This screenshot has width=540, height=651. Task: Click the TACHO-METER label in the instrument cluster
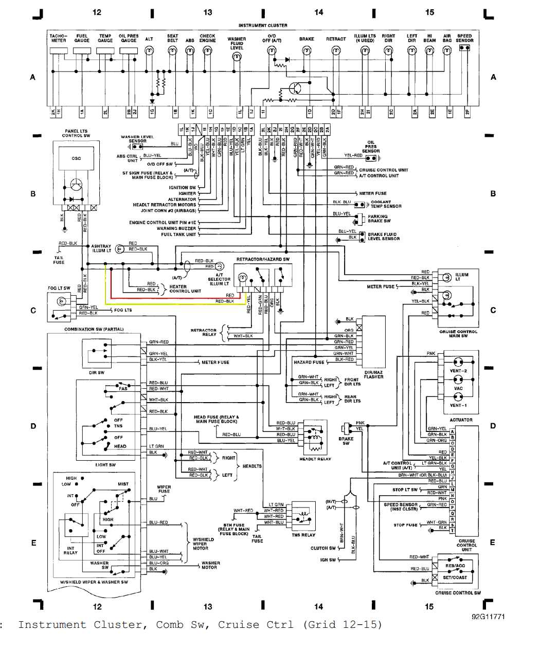[58, 38]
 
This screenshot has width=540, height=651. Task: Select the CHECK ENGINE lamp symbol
[207, 51]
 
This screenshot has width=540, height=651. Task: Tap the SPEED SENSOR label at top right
[464, 38]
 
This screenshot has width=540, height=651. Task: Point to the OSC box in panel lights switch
[76, 158]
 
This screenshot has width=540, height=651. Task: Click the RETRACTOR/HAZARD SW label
[263, 260]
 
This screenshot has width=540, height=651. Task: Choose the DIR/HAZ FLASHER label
[373, 374]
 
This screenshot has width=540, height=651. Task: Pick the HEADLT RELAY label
[315, 459]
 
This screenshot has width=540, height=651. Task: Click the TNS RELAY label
[303, 535]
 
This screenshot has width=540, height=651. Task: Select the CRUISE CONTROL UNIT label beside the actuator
[466, 545]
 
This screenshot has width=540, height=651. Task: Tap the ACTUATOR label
[461, 420]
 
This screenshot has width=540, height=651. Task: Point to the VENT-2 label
[458, 371]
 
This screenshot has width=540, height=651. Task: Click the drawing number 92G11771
[488, 616]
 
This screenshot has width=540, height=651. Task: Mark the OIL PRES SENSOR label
[371, 147]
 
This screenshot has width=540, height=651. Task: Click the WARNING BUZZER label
[176, 228]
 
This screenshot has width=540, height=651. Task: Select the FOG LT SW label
[59, 288]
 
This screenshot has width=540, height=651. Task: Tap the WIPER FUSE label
[164, 489]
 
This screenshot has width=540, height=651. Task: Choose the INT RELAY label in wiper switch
[70, 550]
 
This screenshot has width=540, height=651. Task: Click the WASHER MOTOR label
[210, 565]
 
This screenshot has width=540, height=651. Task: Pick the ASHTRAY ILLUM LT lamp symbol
[119, 249]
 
